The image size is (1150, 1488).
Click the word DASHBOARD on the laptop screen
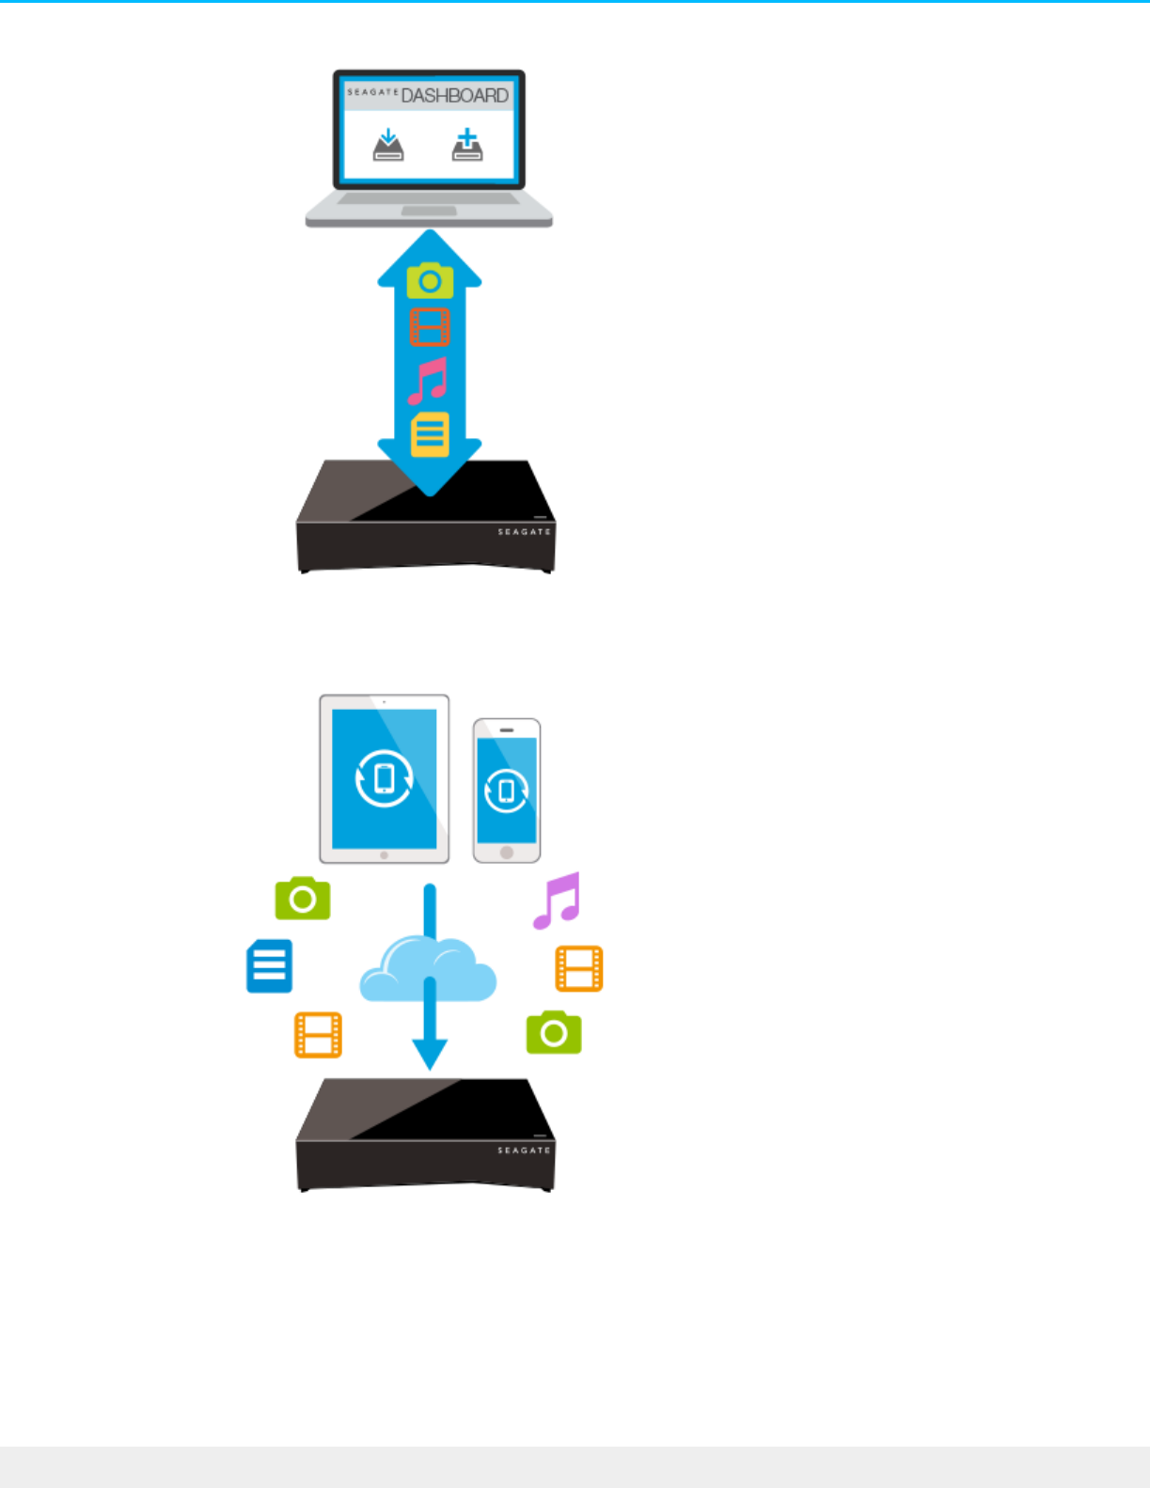(454, 96)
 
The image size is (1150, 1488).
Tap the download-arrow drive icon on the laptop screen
(388, 146)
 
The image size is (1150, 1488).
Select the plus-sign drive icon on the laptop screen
(467, 146)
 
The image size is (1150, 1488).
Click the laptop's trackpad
(429, 211)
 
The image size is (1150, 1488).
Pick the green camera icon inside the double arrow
(430, 281)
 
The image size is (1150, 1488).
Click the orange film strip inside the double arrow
(430, 327)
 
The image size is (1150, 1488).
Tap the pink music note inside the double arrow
(428, 381)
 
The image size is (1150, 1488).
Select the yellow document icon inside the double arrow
(430, 434)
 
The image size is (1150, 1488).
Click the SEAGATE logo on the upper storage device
(524, 532)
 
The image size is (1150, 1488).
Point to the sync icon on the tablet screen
(384, 778)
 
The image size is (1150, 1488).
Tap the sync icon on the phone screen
(507, 791)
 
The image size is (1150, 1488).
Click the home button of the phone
(507, 853)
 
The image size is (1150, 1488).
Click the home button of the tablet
(384, 855)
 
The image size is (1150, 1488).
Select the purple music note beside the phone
(558, 901)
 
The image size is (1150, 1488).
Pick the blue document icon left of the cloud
(269, 966)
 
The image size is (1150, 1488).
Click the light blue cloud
(428, 973)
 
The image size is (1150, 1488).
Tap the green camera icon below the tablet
(303, 899)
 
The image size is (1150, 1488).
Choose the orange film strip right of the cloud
(579, 969)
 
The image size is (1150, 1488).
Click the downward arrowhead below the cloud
(430, 1053)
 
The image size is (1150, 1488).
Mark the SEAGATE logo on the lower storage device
(524, 1151)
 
